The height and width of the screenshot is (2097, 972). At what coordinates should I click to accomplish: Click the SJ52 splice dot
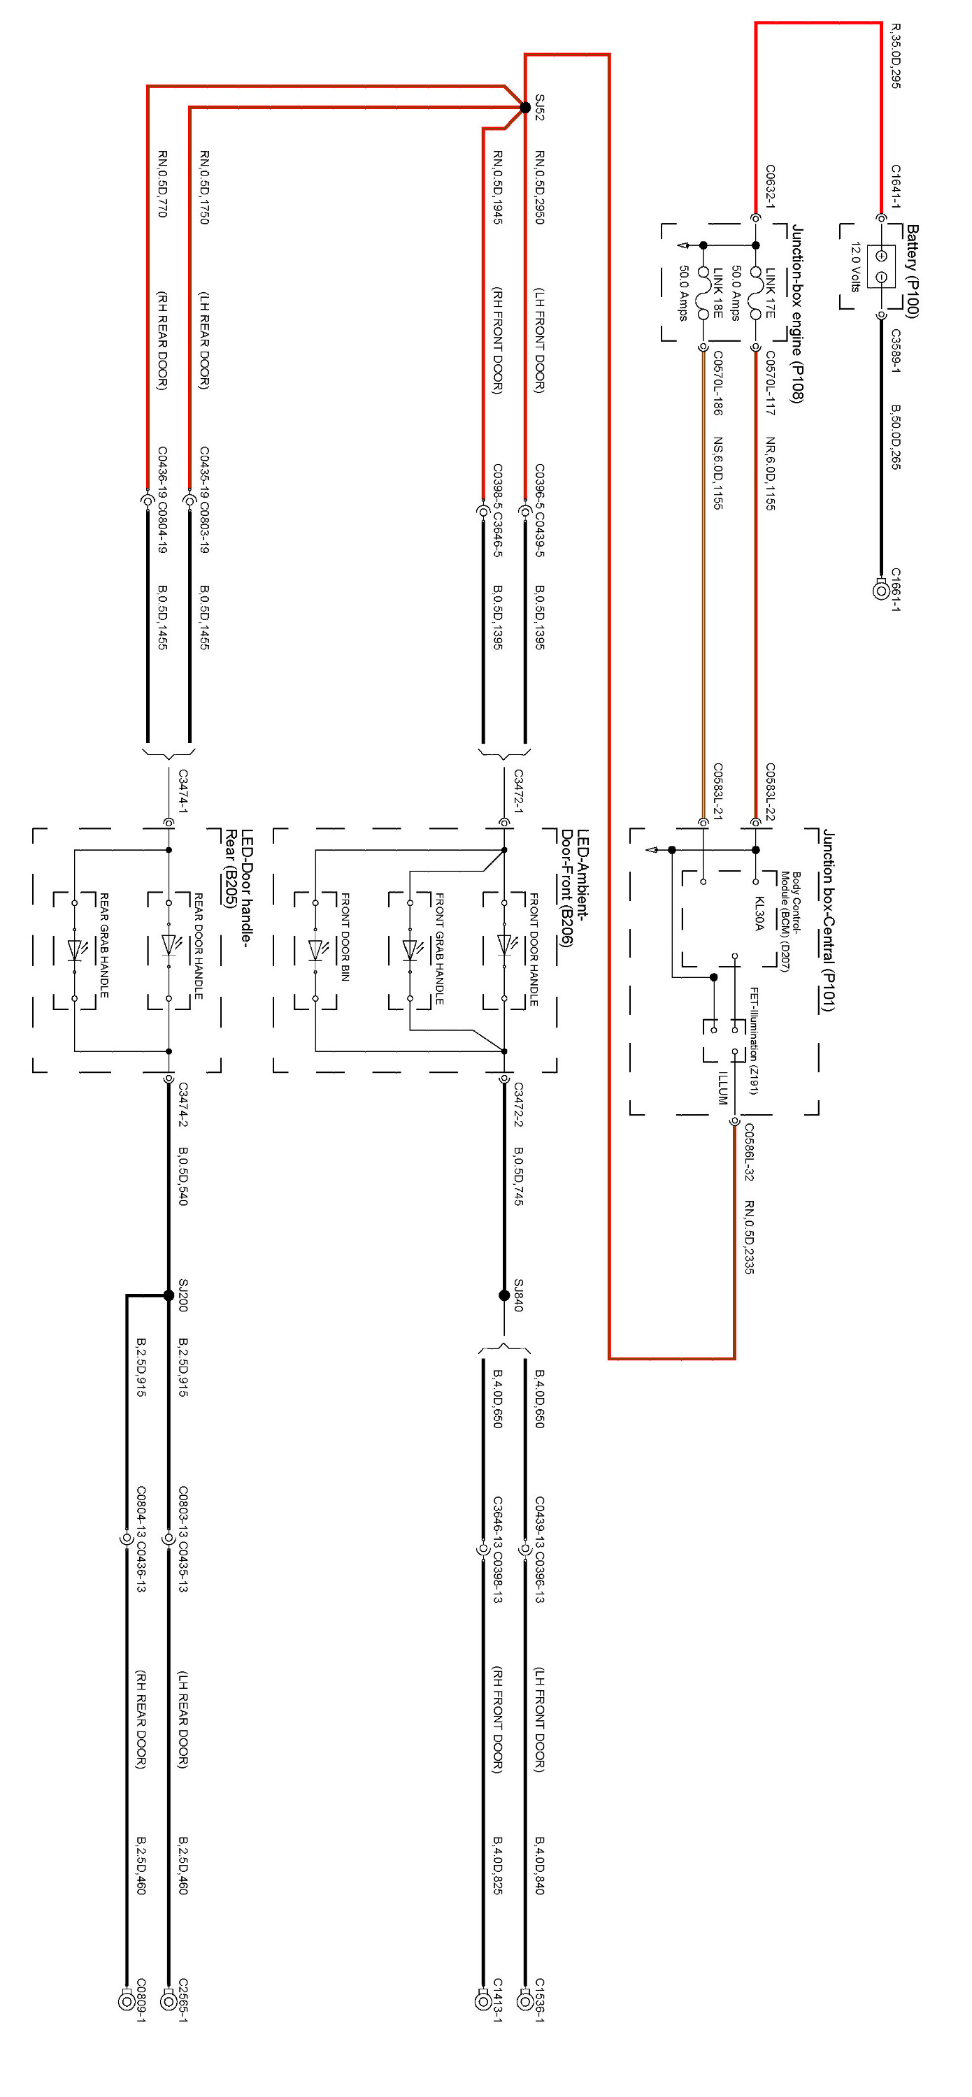(525, 108)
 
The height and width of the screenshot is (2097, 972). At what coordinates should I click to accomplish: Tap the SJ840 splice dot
(504, 1295)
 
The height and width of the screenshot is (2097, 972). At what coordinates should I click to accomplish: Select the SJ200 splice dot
(169, 1295)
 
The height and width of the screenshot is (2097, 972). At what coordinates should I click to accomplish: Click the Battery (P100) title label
(913, 272)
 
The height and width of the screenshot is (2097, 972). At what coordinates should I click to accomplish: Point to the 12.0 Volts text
(855, 267)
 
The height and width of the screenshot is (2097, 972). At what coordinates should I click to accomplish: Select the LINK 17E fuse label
(770, 293)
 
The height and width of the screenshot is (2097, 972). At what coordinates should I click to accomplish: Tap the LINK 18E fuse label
(718, 293)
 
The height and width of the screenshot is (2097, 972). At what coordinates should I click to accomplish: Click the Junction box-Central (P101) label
(828, 920)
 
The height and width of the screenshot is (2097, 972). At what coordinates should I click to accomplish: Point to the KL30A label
(759, 914)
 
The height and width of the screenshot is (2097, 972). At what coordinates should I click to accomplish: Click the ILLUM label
(722, 1088)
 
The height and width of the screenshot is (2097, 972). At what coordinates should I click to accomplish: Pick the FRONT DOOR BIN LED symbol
(317, 949)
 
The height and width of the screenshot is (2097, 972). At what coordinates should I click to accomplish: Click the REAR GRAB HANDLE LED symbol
(76, 949)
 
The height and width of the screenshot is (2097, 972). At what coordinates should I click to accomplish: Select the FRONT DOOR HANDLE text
(534, 949)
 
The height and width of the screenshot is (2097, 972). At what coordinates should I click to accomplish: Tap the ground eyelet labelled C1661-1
(880, 589)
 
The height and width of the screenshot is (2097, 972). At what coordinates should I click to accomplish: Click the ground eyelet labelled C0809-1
(126, 1999)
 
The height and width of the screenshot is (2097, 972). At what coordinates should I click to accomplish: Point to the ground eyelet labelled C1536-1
(525, 1999)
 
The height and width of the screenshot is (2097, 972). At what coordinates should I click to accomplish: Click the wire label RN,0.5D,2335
(749, 1236)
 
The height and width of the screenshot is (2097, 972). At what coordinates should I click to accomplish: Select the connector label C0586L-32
(749, 1152)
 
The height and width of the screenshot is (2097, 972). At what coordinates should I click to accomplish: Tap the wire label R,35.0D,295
(896, 55)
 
